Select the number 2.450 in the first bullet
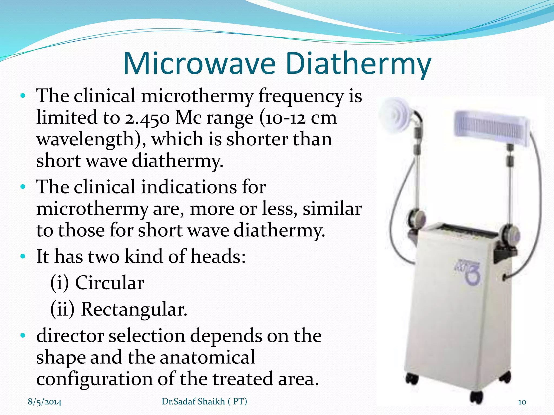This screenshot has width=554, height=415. pos(147,118)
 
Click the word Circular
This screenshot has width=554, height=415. pos(110,283)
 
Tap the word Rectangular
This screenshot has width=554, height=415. pos(134,309)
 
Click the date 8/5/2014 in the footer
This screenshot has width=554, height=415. pos(45,402)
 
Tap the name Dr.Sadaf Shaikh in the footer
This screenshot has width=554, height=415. pos(193,401)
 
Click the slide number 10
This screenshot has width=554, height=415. pos(522,402)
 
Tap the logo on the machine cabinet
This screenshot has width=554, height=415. pos(467,273)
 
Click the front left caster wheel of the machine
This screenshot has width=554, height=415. pos(412,378)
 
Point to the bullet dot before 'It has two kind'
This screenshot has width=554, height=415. pos(23,256)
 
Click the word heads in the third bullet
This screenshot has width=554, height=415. pos(218,256)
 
